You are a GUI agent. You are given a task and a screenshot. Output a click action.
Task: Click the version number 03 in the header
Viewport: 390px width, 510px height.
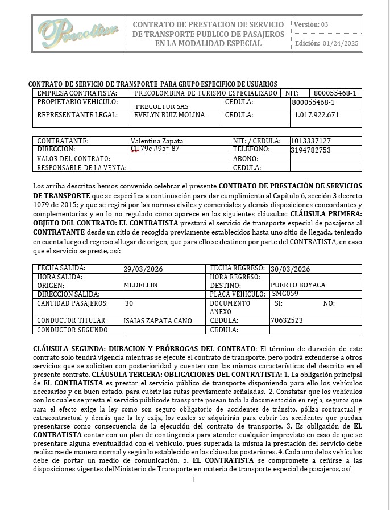click(x=325, y=24)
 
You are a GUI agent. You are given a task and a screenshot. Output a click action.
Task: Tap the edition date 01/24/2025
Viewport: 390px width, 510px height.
click(x=341, y=43)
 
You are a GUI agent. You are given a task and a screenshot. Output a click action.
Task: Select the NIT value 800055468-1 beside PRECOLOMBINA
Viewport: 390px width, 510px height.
click(x=335, y=93)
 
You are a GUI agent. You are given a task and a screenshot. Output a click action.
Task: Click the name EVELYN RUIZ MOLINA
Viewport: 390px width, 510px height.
click(x=161, y=115)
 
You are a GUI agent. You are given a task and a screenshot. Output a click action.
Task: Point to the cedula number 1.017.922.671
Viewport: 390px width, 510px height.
click(x=317, y=115)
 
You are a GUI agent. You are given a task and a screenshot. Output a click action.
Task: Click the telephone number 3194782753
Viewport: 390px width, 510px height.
click(x=310, y=150)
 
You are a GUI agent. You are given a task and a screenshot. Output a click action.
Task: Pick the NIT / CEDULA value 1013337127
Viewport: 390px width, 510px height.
click(x=310, y=141)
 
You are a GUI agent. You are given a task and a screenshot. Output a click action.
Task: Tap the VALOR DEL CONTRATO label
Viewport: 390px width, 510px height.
click(x=73, y=159)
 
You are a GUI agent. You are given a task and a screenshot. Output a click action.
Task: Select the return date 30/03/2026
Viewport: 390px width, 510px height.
click(x=290, y=269)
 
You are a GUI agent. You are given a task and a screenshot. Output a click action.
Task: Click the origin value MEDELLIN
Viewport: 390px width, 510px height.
click(x=140, y=285)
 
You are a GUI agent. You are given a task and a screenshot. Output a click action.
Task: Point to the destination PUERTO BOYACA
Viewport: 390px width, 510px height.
click(x=298, y=285)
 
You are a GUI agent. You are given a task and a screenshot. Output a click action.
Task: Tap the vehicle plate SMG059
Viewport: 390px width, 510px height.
click(x=285, y=294)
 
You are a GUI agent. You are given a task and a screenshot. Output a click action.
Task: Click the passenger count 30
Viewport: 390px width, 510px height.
click(x=129, y=303)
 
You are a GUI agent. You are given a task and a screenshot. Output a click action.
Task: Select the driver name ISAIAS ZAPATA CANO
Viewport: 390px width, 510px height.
click(x=157, y=321)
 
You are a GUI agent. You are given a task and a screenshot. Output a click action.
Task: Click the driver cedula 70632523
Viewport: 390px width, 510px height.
click(x=287, y=321)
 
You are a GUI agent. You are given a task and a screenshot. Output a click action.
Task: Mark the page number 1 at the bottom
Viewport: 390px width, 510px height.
click(x=194, y=480)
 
